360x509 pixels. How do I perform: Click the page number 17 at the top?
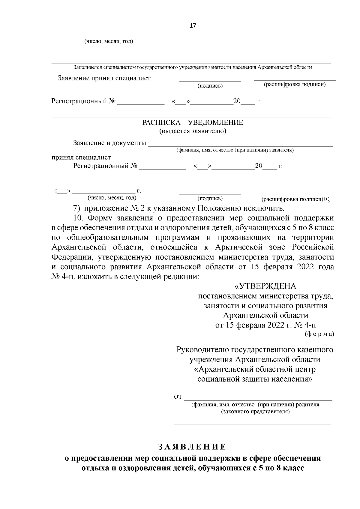pos(193,26)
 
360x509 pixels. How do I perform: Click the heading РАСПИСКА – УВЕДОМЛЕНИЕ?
pos(193,123)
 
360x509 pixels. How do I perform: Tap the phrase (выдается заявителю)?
pos(193,131)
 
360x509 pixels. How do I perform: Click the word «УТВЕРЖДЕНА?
pos(265,286)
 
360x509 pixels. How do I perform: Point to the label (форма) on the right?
pos(319,334)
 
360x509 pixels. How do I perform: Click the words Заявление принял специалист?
pos(104,78)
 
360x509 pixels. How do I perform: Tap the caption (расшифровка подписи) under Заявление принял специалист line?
pos(295,85)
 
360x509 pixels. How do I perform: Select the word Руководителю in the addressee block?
pos(202,350)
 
